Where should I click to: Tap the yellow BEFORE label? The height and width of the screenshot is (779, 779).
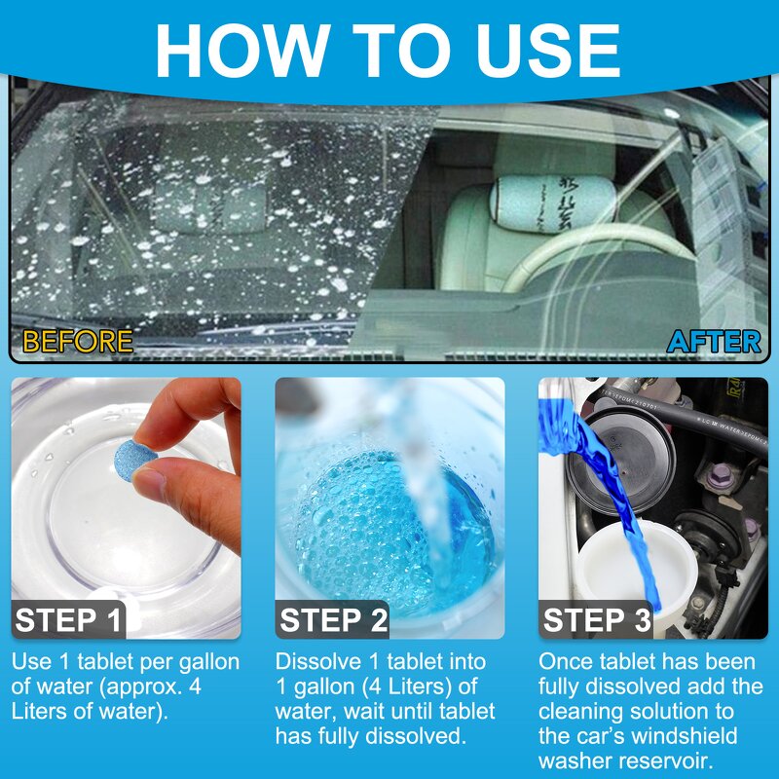coord(77,342)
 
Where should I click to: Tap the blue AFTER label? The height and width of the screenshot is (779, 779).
coord(714,342)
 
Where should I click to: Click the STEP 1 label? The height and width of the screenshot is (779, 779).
coord(69,620)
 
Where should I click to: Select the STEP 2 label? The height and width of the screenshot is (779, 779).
coord(333,620)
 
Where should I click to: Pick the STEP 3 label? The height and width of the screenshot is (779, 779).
coord(596,620)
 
